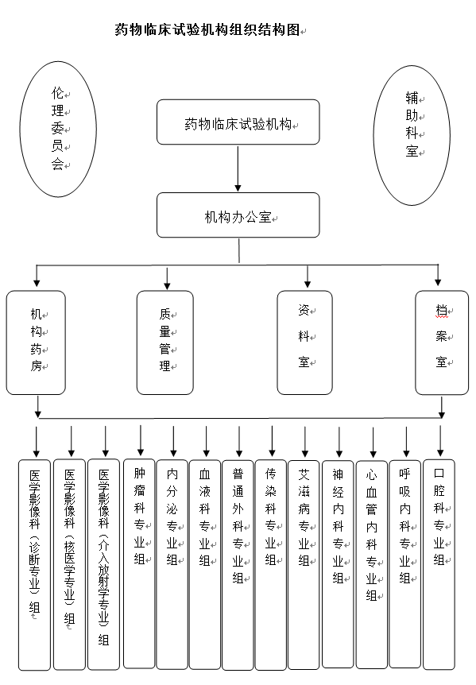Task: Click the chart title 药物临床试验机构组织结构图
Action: (207, 29)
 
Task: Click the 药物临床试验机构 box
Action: (238, 122)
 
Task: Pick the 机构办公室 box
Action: (238, 215)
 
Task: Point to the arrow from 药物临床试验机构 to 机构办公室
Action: (238, 168)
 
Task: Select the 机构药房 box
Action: (36, 342)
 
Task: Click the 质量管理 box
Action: (165, 342)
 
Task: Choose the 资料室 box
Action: (305, 342)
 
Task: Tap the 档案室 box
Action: (442, 342)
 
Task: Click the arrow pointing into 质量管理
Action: (167, 277)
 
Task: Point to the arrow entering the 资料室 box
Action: (308, 277)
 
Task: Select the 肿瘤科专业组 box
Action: (139, 563)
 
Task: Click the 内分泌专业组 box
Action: (172, 564)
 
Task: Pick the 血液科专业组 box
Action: (205, 564)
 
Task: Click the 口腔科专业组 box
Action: (439, 564)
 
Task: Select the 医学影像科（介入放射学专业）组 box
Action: (103, 564)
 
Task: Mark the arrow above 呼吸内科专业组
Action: (406, 442)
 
